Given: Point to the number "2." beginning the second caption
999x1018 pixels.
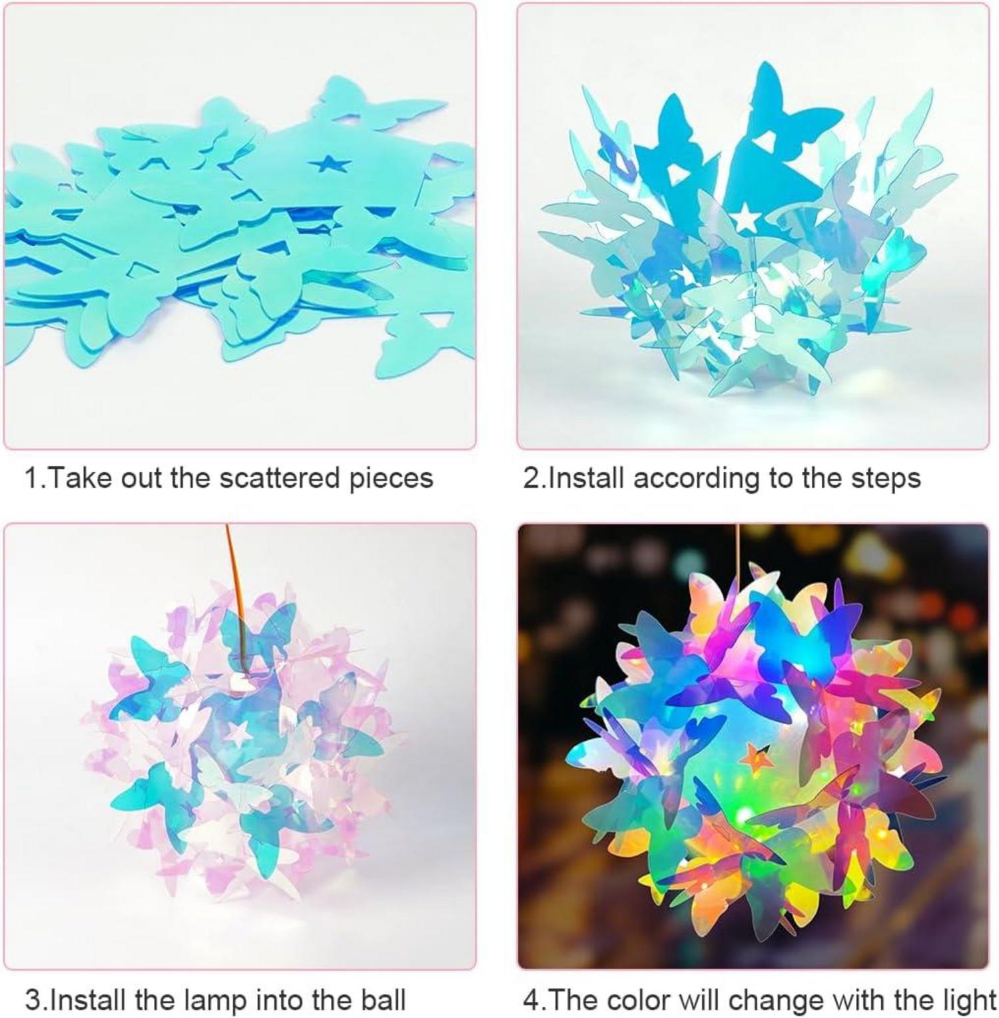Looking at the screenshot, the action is [533, 478].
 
